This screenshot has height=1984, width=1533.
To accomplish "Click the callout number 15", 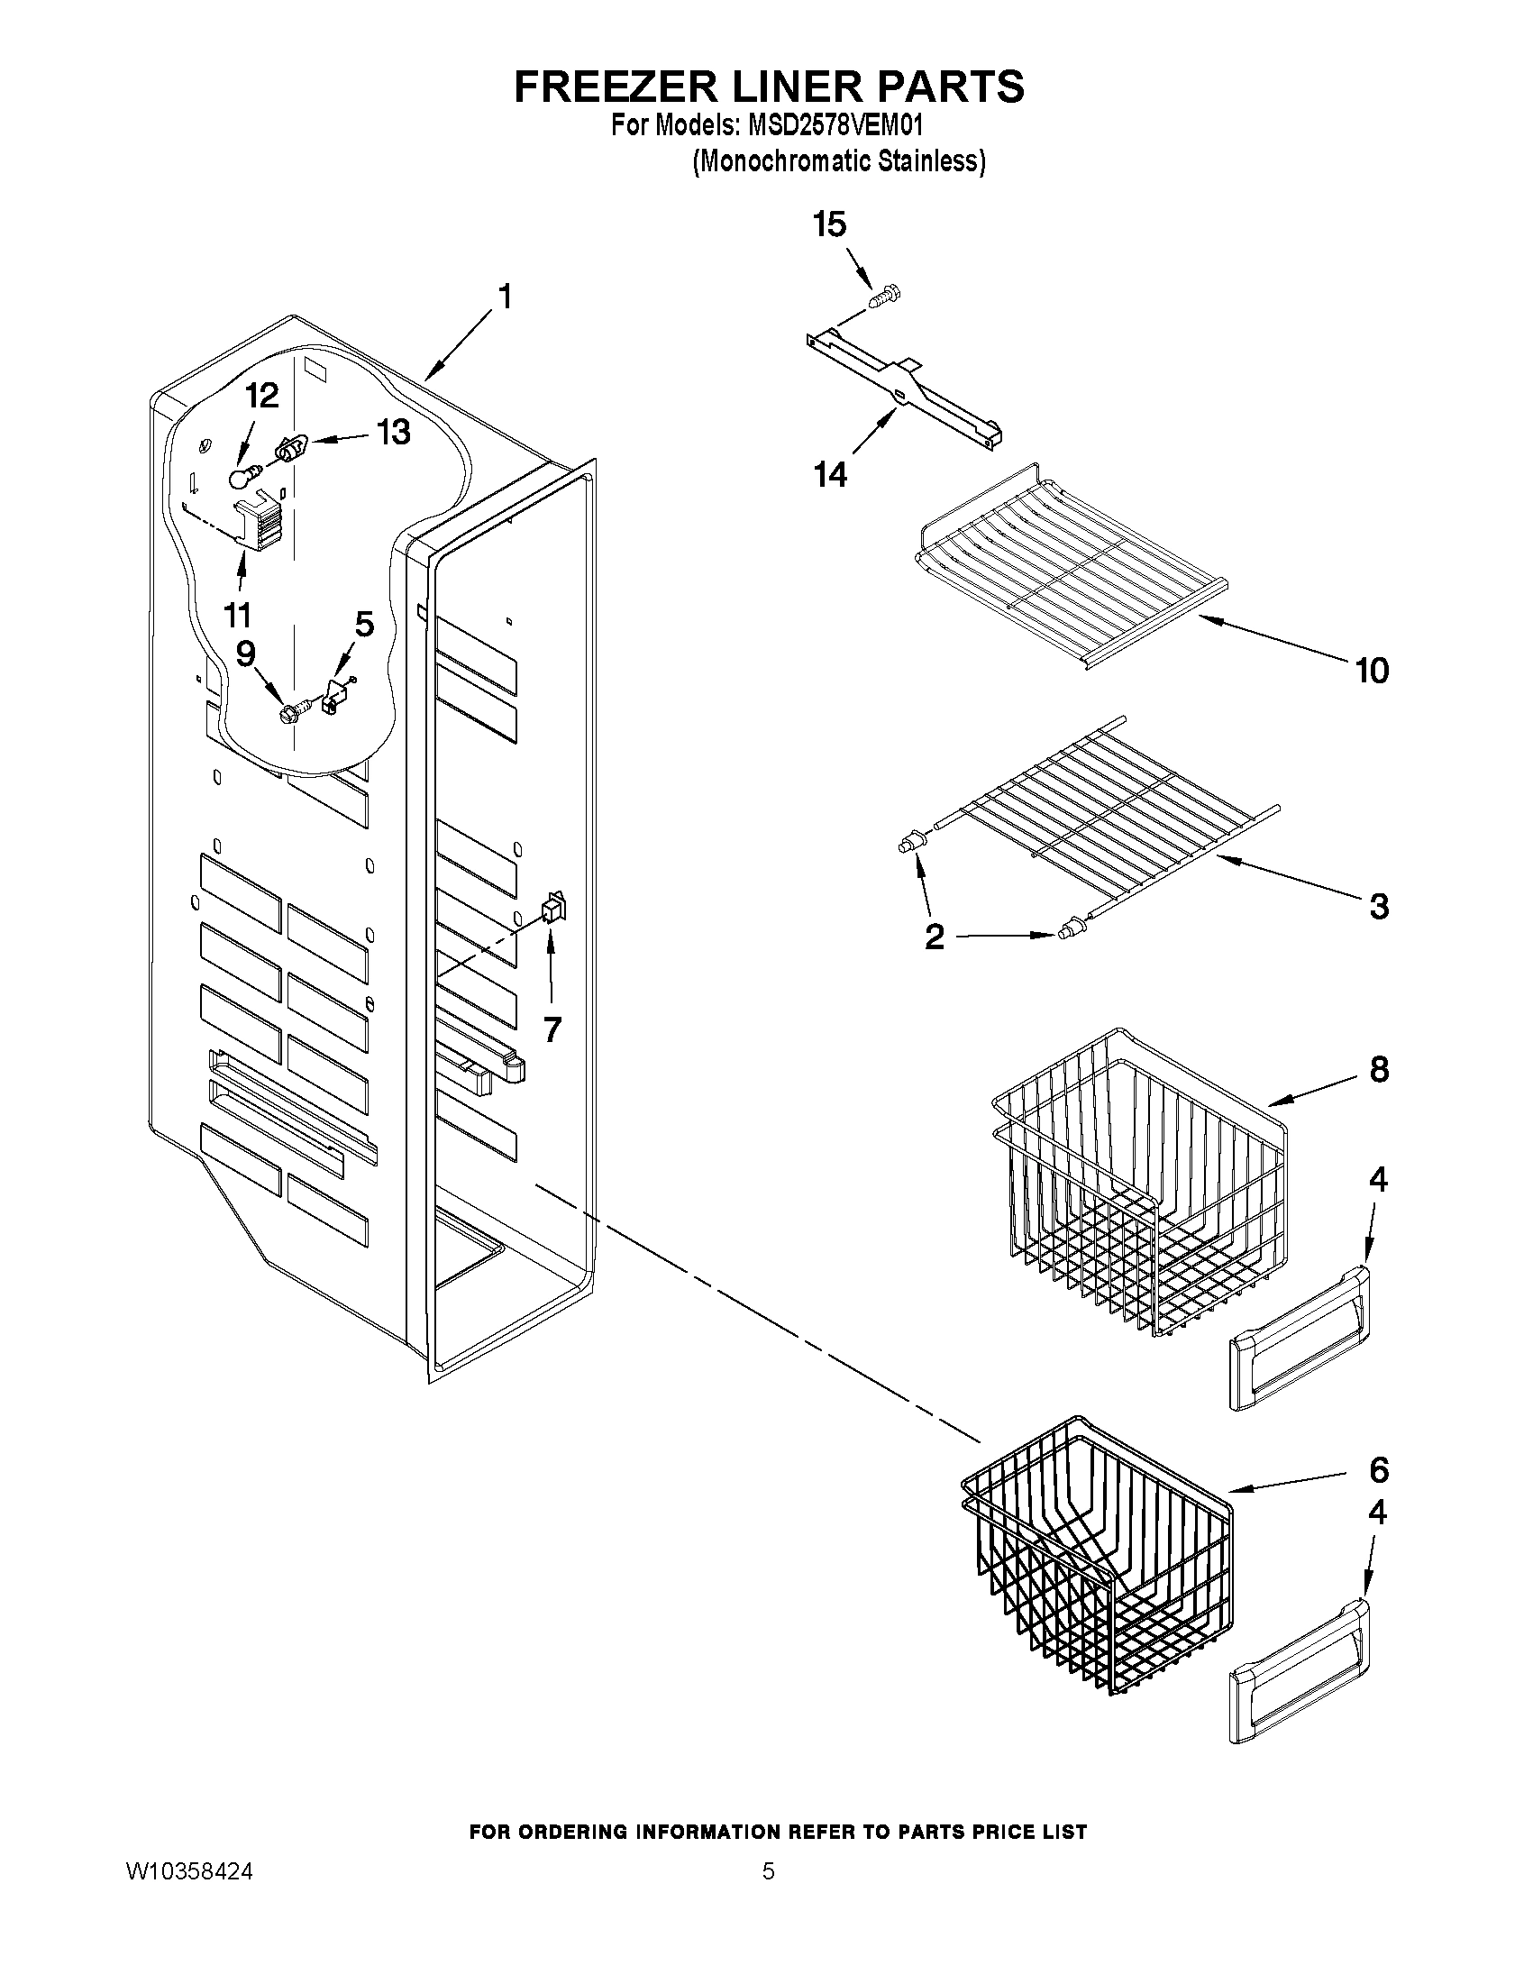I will click(x=829, y=224).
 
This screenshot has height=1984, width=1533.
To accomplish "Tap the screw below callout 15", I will click(x=883, y=297).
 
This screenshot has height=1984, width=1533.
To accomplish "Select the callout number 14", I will click(x=830, y=473).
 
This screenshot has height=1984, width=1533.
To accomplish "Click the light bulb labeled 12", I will click(x=243, y=475).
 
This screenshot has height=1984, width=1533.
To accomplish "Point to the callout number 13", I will click(x=393, y=433).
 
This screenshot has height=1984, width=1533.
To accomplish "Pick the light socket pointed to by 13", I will click(x=291, y=447).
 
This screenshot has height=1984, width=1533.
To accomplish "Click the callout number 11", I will click(x=237, y=615).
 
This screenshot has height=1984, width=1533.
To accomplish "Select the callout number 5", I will click(x=363, y=624).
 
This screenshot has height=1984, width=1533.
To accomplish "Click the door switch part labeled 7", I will click(x=552, y=910).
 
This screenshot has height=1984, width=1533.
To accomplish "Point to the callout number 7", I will click(x=552, y=1029).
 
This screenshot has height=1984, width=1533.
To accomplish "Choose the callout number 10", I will click(x=1372, y=671).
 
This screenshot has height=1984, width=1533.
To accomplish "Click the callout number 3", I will click(x=1379, y=906).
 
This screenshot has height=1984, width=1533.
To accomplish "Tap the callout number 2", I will click(x=934, y=937).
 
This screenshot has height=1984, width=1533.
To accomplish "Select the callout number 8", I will click(x=1379, y=1070).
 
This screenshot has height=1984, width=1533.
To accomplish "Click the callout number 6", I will click(x=1379, y=1469).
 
